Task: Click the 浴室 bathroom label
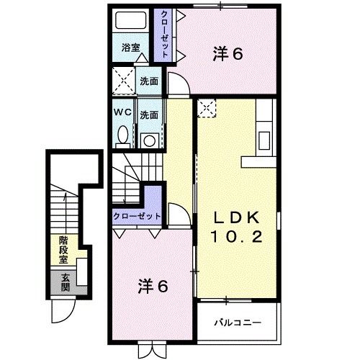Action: [x=130, y=48]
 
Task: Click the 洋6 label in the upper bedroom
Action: [x=227, y=53]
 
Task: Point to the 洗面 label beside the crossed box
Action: [x=149, y=81]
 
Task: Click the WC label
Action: [x=121, y=114]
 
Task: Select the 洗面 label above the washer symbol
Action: [x=149, y=115]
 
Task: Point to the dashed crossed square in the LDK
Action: [x=207, y=108]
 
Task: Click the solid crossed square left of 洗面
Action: [x=122, y=81]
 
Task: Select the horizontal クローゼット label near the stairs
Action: [x=138, y=215]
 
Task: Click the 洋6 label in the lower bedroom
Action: [x=153, y=286]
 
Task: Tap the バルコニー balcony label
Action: [x=236, y=323]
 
